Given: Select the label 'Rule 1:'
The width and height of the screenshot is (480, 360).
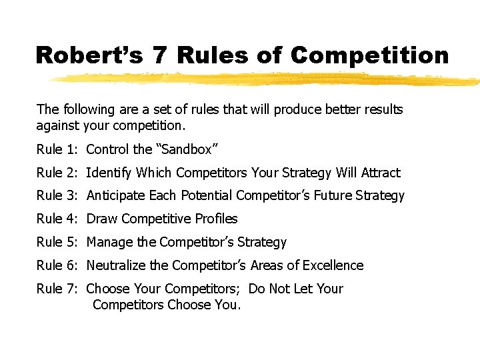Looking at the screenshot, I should coord(58,149).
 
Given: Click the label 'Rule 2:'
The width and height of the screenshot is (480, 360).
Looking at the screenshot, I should coord(58,173).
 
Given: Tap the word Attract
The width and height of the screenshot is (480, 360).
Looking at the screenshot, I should coord(381,173).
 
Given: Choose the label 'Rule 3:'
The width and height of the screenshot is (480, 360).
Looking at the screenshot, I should coord(58,195).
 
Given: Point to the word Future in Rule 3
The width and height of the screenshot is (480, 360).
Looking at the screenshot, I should coord(335,195).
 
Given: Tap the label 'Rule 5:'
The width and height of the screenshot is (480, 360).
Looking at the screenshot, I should coord(58,242).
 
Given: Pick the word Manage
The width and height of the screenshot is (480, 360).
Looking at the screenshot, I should coord(109,242).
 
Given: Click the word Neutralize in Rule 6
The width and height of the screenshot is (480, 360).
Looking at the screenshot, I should coord(117,265).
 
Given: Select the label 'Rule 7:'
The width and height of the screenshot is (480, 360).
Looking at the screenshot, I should coord(58,289).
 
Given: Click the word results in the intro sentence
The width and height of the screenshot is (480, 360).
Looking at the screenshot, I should coord(381,109).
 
